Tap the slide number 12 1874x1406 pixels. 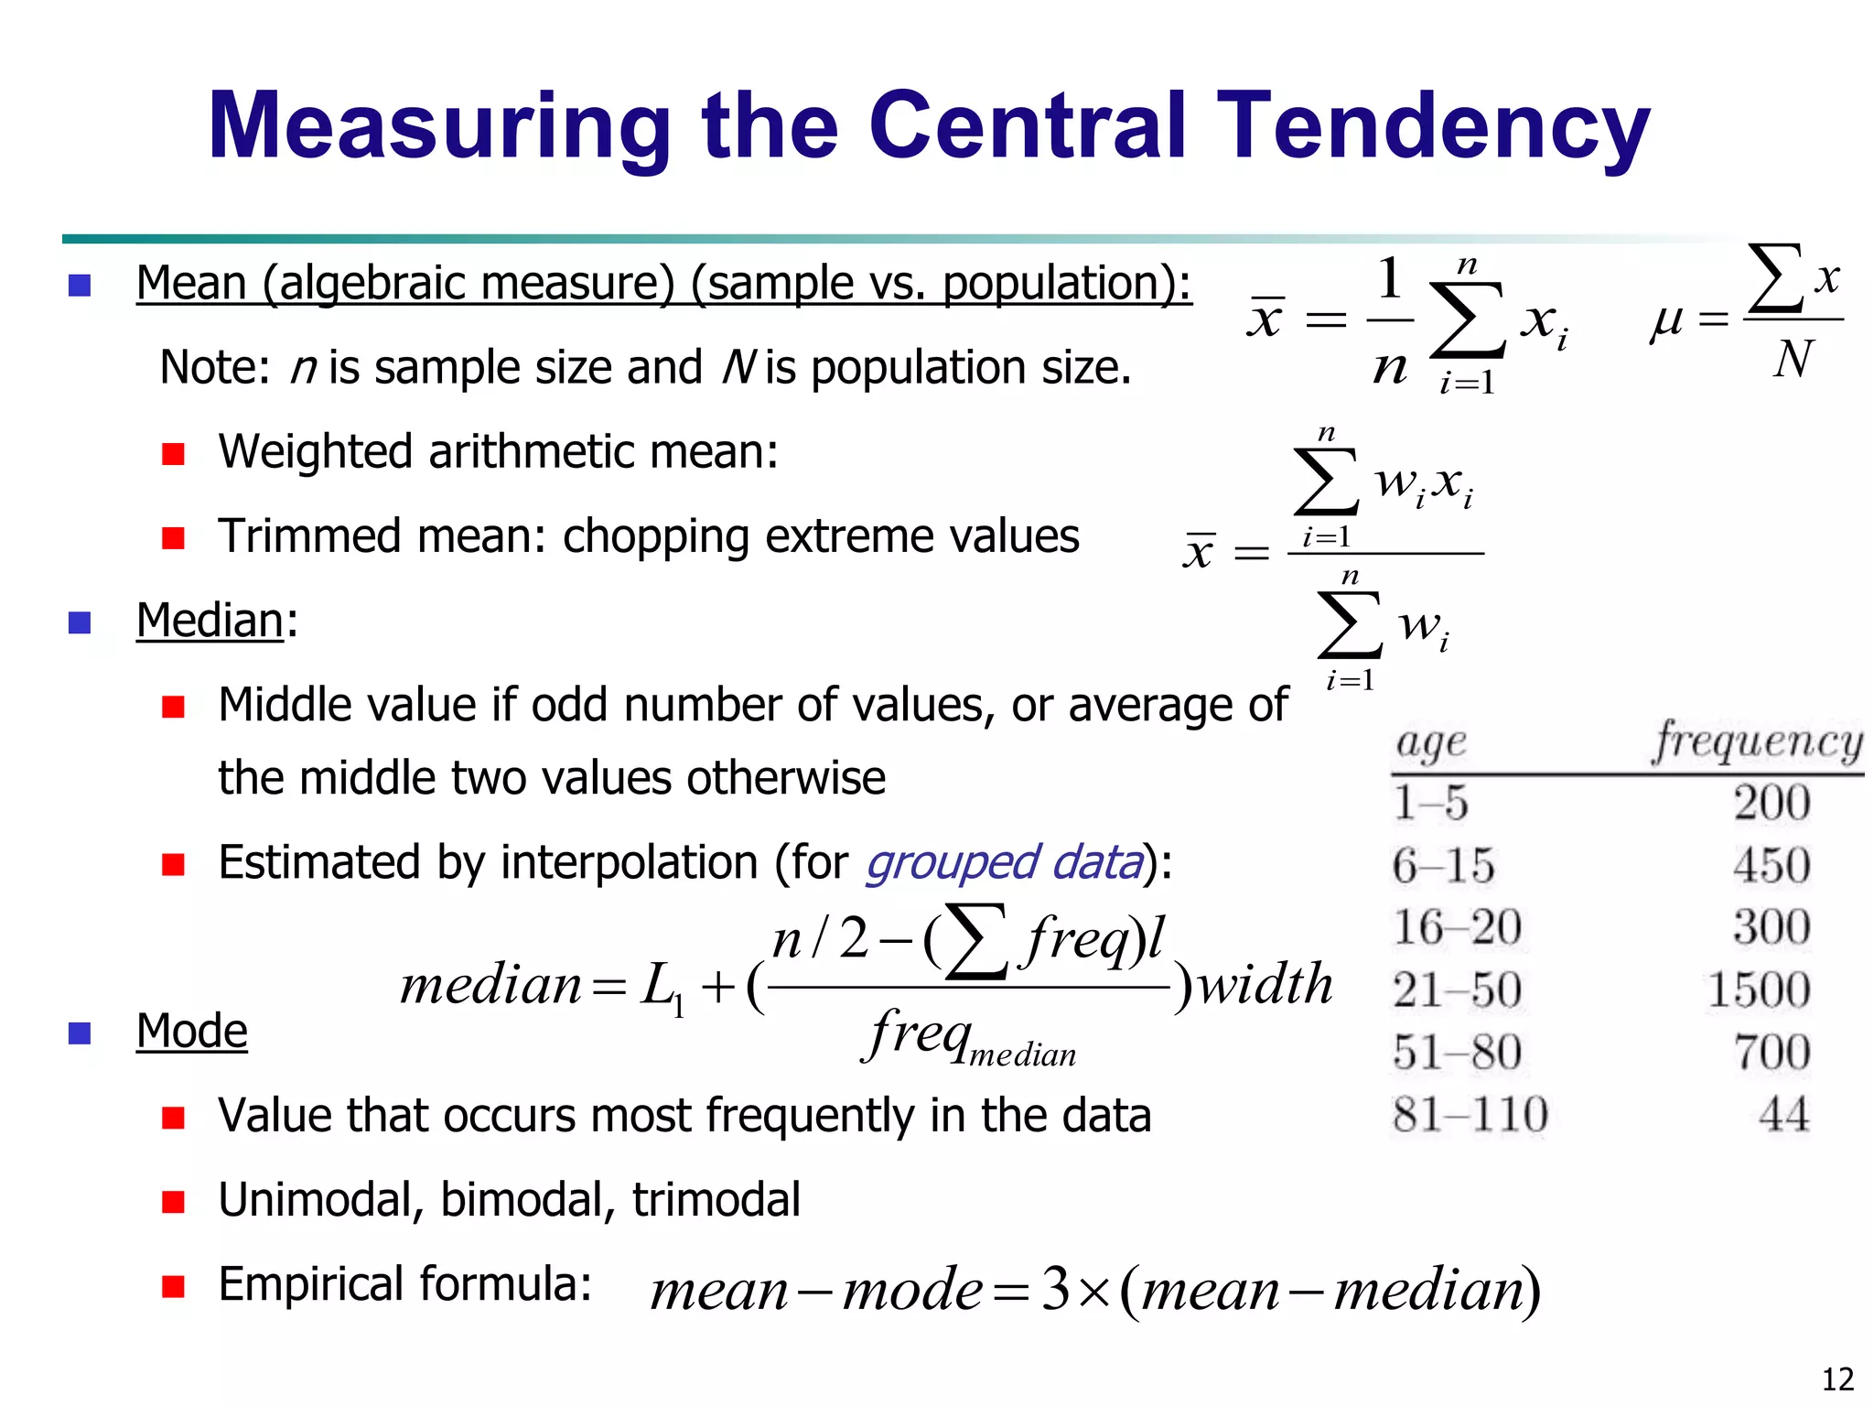pyautogui.click(x=1837, y=1379)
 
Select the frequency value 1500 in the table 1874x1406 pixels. pyautogui.click(x=1759, y=990)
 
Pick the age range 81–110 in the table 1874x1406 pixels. pyautogui.click(x=1470, y=1115)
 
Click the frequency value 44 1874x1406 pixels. pyautogui.click(x=1783, y=1115)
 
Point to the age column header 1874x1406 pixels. pyautogui.click(x=1431, y=743)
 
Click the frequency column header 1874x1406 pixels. pyautogui.click(x=1757, y=741)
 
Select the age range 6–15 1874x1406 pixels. pyautogui.click(x=1443, y=866)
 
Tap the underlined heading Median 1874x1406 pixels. pyautogui.click(x=210, y=621)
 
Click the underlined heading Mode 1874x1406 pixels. pyautogui.click(x=192, y=1032)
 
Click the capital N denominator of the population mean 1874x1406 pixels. pyautogui.click(x=1792, y=359)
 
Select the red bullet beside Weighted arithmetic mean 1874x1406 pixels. pyautogui.click(x=173, y=454)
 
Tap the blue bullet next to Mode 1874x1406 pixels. pyautogui.click(x=80, y=1033)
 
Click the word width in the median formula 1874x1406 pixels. pyautogui.click(x=1265, y=985)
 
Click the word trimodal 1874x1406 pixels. pyautogui.click(x=716, y=1200)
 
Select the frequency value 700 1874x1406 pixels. pyautogui.click(x=1772, y=1053)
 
